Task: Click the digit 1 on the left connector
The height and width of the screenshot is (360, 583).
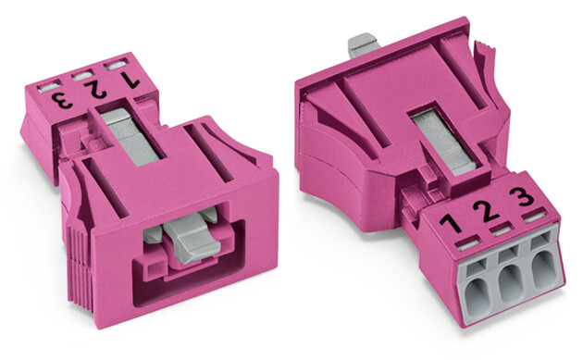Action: click(129, 80)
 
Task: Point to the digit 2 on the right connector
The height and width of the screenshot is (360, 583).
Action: click(486, 211)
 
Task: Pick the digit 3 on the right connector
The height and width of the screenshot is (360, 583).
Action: click(522, 196)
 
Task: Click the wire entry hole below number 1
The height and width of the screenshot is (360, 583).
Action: click(477, 296)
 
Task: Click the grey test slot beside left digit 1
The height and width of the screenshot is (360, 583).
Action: click(116, 66)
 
